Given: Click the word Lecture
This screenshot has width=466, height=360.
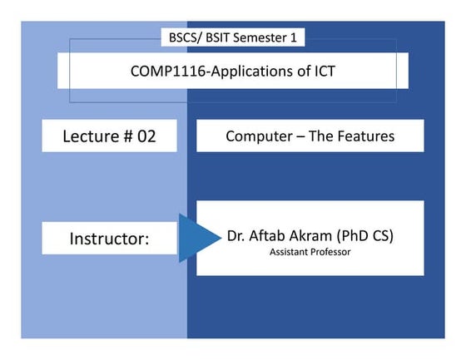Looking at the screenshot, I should (x=89, y=136).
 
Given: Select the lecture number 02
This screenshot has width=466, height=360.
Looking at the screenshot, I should (x=146, y=136).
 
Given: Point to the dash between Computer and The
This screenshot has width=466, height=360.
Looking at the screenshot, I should (x=295, y=136).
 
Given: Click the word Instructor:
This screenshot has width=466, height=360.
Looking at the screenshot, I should (x=108, y=239).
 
